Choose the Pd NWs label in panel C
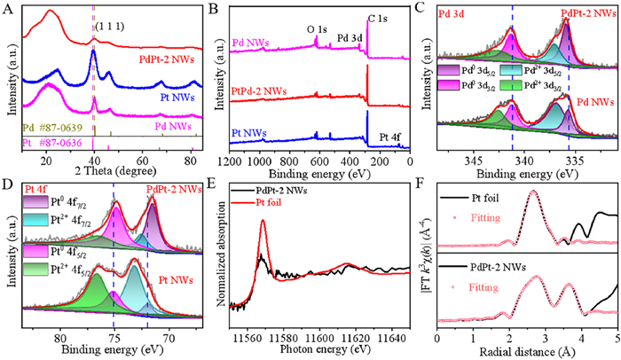[x=588, y=100]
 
